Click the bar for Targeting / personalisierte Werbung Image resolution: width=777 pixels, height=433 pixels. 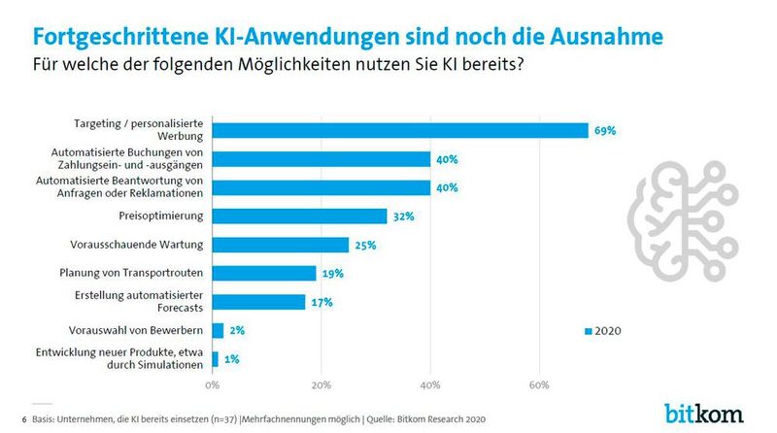point(400,130)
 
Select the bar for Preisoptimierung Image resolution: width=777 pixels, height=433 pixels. point(299,216)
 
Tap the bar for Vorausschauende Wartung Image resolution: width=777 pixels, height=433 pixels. point(280,245)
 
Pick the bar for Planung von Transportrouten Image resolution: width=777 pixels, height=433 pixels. point(264,274)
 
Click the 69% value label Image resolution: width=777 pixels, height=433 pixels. point(605,130)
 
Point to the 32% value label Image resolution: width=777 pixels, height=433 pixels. point(404,216)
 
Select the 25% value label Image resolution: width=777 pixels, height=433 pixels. point(366,245)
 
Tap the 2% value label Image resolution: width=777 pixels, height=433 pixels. point(237,331)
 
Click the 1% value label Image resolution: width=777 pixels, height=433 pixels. point(232,359)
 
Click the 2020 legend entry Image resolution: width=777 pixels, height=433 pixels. point(602,331)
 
